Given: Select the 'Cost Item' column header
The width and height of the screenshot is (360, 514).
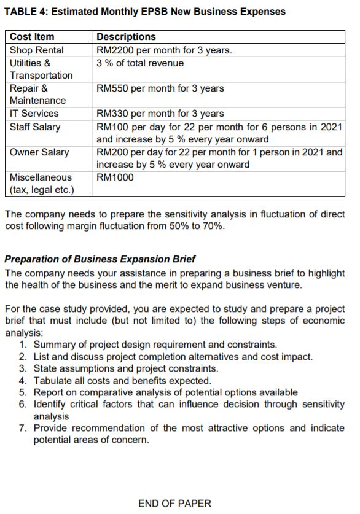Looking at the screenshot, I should pyautogui.click(x=32, y=37).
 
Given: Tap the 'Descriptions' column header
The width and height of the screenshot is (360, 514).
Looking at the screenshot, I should pyautogui.click(x=126, y=37).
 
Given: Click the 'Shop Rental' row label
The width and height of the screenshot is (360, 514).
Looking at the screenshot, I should pyautogui.click(x=36, y=50).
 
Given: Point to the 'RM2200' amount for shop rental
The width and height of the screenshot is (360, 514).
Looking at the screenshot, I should pyautogui.click(x=114, y=50).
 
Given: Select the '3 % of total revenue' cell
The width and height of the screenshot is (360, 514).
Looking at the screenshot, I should pyautogui.click(x=140, y=63).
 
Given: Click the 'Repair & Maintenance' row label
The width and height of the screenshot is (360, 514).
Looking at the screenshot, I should pyautogui.click(x=37, y=95).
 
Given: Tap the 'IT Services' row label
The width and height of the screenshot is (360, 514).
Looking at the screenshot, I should pyautogui.click(x=34, y=114).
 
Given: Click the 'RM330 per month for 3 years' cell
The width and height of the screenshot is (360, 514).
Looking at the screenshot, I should pyautogui.click(x=160, y=114).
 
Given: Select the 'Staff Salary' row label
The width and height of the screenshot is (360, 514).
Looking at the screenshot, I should pyautogui.click(x=35, y=127).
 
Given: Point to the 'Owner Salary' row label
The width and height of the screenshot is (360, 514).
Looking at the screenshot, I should pyautogui.click(x=39, y=152).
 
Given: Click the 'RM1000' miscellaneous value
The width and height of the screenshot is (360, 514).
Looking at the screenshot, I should pyautogui.click(x=115, y=177).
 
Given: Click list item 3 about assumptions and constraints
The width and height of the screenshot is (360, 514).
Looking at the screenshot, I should pyautogui.click(x=125, y=368).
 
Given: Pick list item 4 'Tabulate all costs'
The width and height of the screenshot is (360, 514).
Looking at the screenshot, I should pyautogui.click(x=122, y=381).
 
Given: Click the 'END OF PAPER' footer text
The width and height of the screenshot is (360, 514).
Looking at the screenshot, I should pyautogui.click(x=174, y=504).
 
